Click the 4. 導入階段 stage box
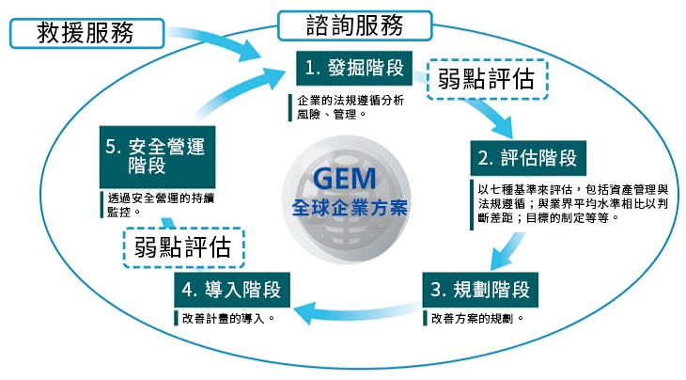point(231,288)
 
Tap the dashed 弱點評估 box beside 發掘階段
point(487,79)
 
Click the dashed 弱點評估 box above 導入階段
point(184,246)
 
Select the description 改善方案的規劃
point(477,318)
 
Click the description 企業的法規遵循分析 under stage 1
point(347,107)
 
